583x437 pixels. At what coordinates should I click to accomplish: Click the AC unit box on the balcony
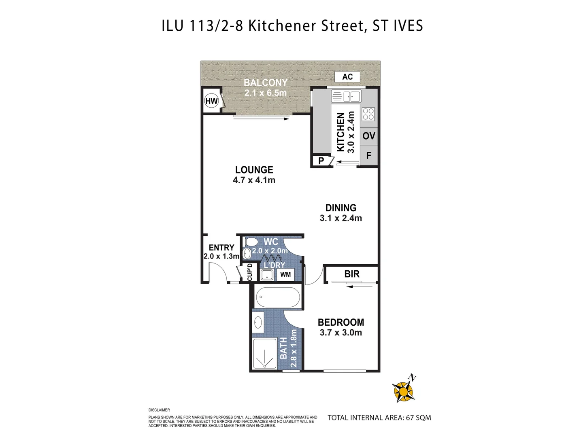click(x=347, y=77)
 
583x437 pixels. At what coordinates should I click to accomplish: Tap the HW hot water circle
click(x=211, y=101)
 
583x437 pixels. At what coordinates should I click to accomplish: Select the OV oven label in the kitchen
click(x=369, y=136)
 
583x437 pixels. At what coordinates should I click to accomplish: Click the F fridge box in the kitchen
click(x=369, y=156)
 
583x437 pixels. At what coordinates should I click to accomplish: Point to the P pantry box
click(x=321, y=161)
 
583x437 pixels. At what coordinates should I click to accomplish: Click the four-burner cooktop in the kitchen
click(x=368, y=114)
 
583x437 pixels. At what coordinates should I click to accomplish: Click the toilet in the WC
click(x=250, y=242)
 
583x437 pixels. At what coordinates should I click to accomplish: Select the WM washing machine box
click(x=285, y=275)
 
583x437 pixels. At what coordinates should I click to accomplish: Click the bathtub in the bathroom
click(x=278, y=297)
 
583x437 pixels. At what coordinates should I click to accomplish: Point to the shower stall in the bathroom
click(x=265, y=353)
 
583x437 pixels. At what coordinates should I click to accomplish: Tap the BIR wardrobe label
click(x=352, y=274)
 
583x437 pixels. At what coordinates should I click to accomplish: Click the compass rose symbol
click(x=404, y=391)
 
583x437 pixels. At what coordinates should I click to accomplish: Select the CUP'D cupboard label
click(x=250, y=272)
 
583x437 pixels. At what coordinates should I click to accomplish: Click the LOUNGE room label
click(x=254, y=170)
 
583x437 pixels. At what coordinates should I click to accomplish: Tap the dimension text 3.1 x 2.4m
click(x=341, y=218)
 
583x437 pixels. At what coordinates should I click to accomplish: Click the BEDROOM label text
click(x=341, y=322)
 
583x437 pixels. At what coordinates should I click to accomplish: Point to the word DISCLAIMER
click(x=159, y=410)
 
